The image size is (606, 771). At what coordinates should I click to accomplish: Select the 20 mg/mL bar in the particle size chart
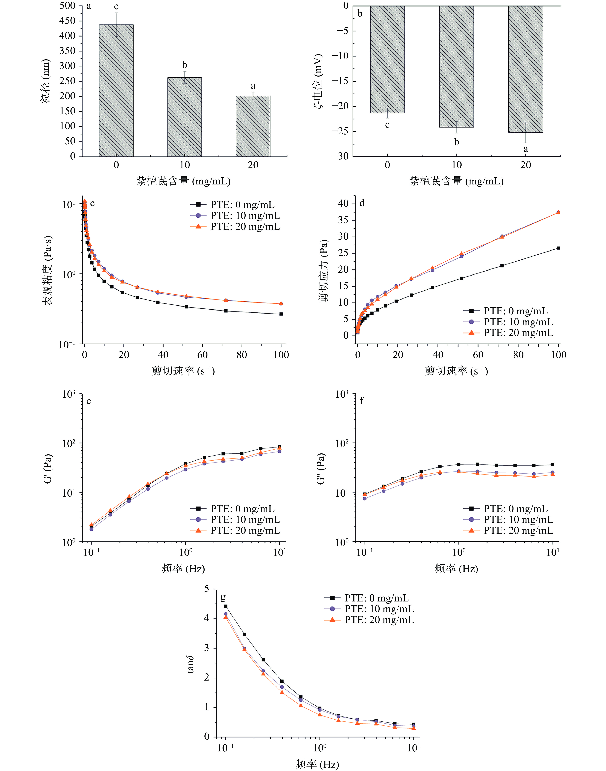coord(253,126)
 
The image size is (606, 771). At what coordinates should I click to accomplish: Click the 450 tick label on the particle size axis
coord(67,21)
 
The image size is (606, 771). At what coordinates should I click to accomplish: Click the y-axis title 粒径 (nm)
coord(45,81)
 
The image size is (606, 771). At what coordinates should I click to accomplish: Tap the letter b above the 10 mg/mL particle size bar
coord(185,65)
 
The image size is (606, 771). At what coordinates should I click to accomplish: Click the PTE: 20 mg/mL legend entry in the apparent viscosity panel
coord(245,226)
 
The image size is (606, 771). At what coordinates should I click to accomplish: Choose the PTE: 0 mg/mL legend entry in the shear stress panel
coord(515,311)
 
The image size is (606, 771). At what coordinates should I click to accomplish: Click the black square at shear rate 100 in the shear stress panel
coord(558,248)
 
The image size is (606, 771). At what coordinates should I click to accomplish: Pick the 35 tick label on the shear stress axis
coord(343,220)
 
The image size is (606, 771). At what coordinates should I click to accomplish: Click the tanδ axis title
coord(190,665)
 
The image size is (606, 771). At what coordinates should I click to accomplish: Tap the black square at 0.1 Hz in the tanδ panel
coord(226,606)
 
